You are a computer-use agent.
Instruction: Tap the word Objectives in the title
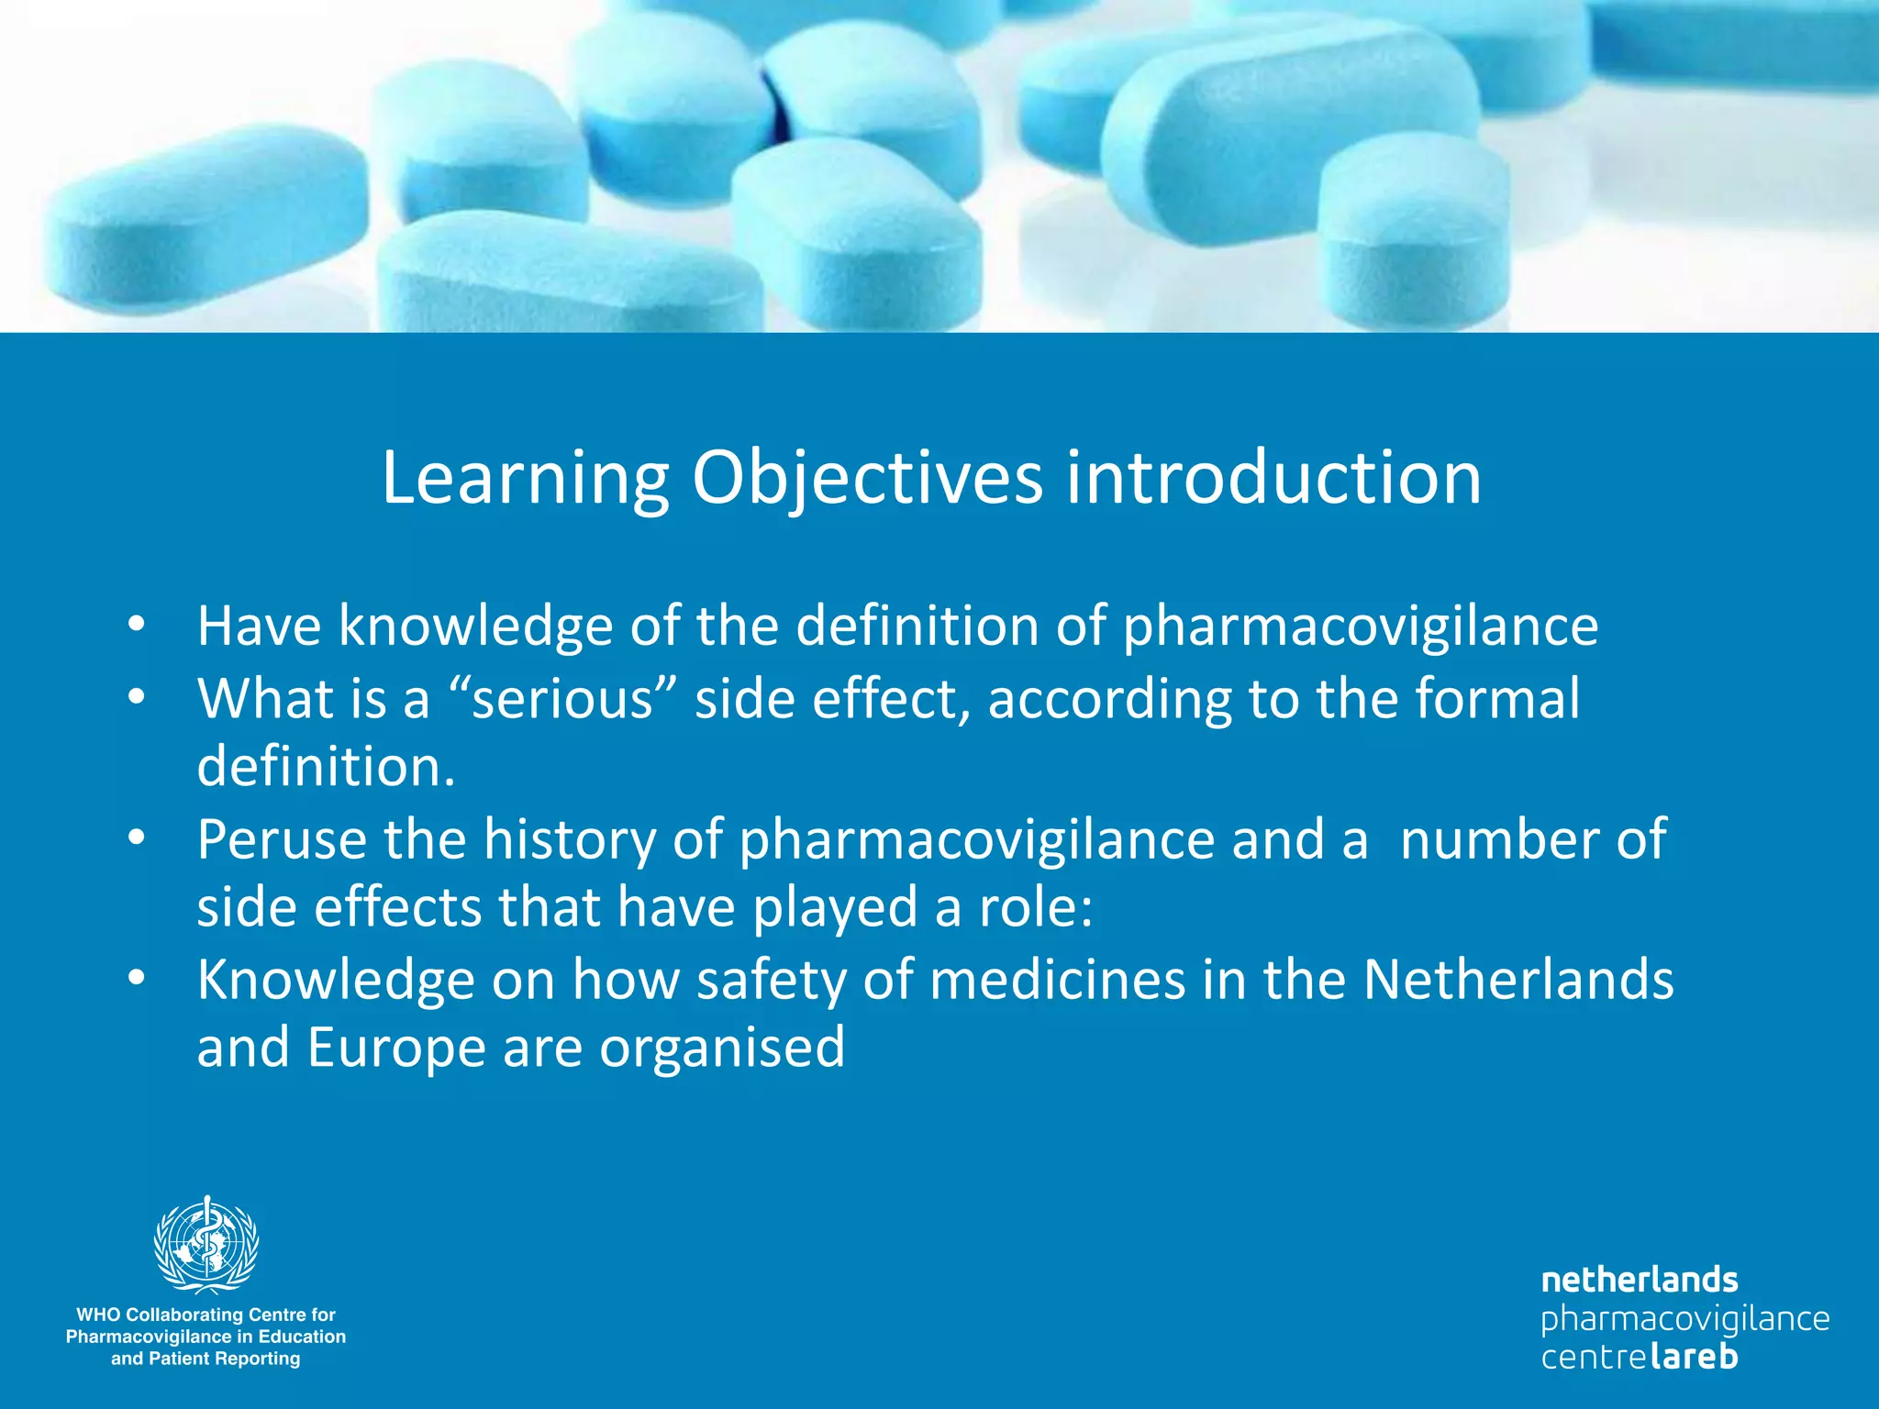[x=867, y=479]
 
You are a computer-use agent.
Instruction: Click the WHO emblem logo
[x=206, y=1245]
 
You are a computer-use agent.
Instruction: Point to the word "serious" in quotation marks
[x=561, y=699]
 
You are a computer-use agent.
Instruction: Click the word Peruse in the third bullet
[x=282, y=839]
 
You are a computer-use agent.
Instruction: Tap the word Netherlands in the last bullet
[x=1518, y=980]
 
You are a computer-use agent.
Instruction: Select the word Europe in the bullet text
[x=396, y=1048]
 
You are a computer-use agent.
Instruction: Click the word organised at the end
[x=722, y=1048]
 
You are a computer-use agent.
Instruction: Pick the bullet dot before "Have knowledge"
[x=137, y=626]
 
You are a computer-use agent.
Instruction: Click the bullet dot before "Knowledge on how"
[x=137, y=979]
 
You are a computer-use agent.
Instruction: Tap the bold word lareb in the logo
[x=1693, y=1356]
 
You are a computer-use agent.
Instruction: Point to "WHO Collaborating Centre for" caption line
[x=206, y=1315]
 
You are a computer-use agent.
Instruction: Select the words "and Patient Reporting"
[x=206, y=1359]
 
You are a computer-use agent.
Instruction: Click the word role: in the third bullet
[x=1036, y=908]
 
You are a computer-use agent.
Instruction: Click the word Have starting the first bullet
[x=260, y=627]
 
